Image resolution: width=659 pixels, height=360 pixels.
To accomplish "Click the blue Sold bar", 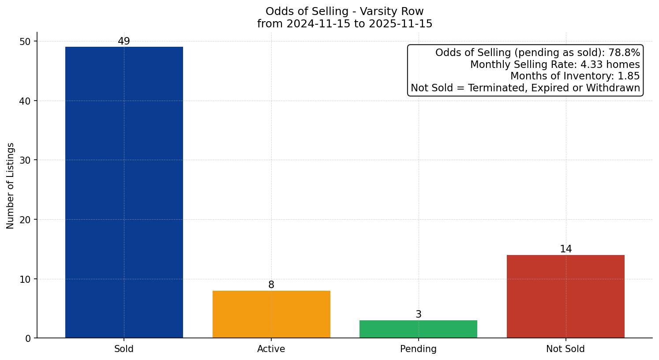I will pyautogui.click(x=124, y=192).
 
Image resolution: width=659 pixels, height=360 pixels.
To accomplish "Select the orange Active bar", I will pyautogui.click(x=271, y=314).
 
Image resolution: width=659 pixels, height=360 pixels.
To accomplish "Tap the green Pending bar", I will pyautogui.click(x=418, y=329).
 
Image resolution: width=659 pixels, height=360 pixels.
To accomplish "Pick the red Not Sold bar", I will pyautogui.click(x=565, y=296).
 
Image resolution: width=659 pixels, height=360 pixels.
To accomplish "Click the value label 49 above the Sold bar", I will pyautogui.click(x=124, y=41).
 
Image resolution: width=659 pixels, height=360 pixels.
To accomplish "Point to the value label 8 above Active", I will pyautogui.click(x=271, y=285).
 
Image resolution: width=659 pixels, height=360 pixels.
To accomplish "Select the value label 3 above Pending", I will pyautogui.click(x=418, y=315).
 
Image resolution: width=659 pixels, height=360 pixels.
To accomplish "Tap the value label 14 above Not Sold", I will pyautogui.click(x=565, y=249).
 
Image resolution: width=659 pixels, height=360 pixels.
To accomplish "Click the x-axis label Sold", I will pyautogui.click(x=124, y=349).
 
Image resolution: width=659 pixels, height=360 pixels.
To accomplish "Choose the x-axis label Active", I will pyautogui.click(x=271, y=349).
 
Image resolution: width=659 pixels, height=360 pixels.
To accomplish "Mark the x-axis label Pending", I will pyautogui.click(x=418, y=349).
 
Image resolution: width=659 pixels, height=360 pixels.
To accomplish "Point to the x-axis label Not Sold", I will pyautogui.click(x=565, y=349).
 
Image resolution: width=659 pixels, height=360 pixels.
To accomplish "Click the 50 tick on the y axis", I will pyautogui.click(x=25, y=41).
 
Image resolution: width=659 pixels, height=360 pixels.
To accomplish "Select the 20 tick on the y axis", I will pyautogui.click(x=25, y=220).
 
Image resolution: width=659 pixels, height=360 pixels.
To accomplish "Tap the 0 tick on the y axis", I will pyautogui.click(x=28, y=338).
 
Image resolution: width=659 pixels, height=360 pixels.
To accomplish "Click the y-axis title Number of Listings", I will pyautogui.click(x=11, y=186).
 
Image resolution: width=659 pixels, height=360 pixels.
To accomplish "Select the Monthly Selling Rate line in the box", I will pyautogui.click(x=555, y=64).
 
